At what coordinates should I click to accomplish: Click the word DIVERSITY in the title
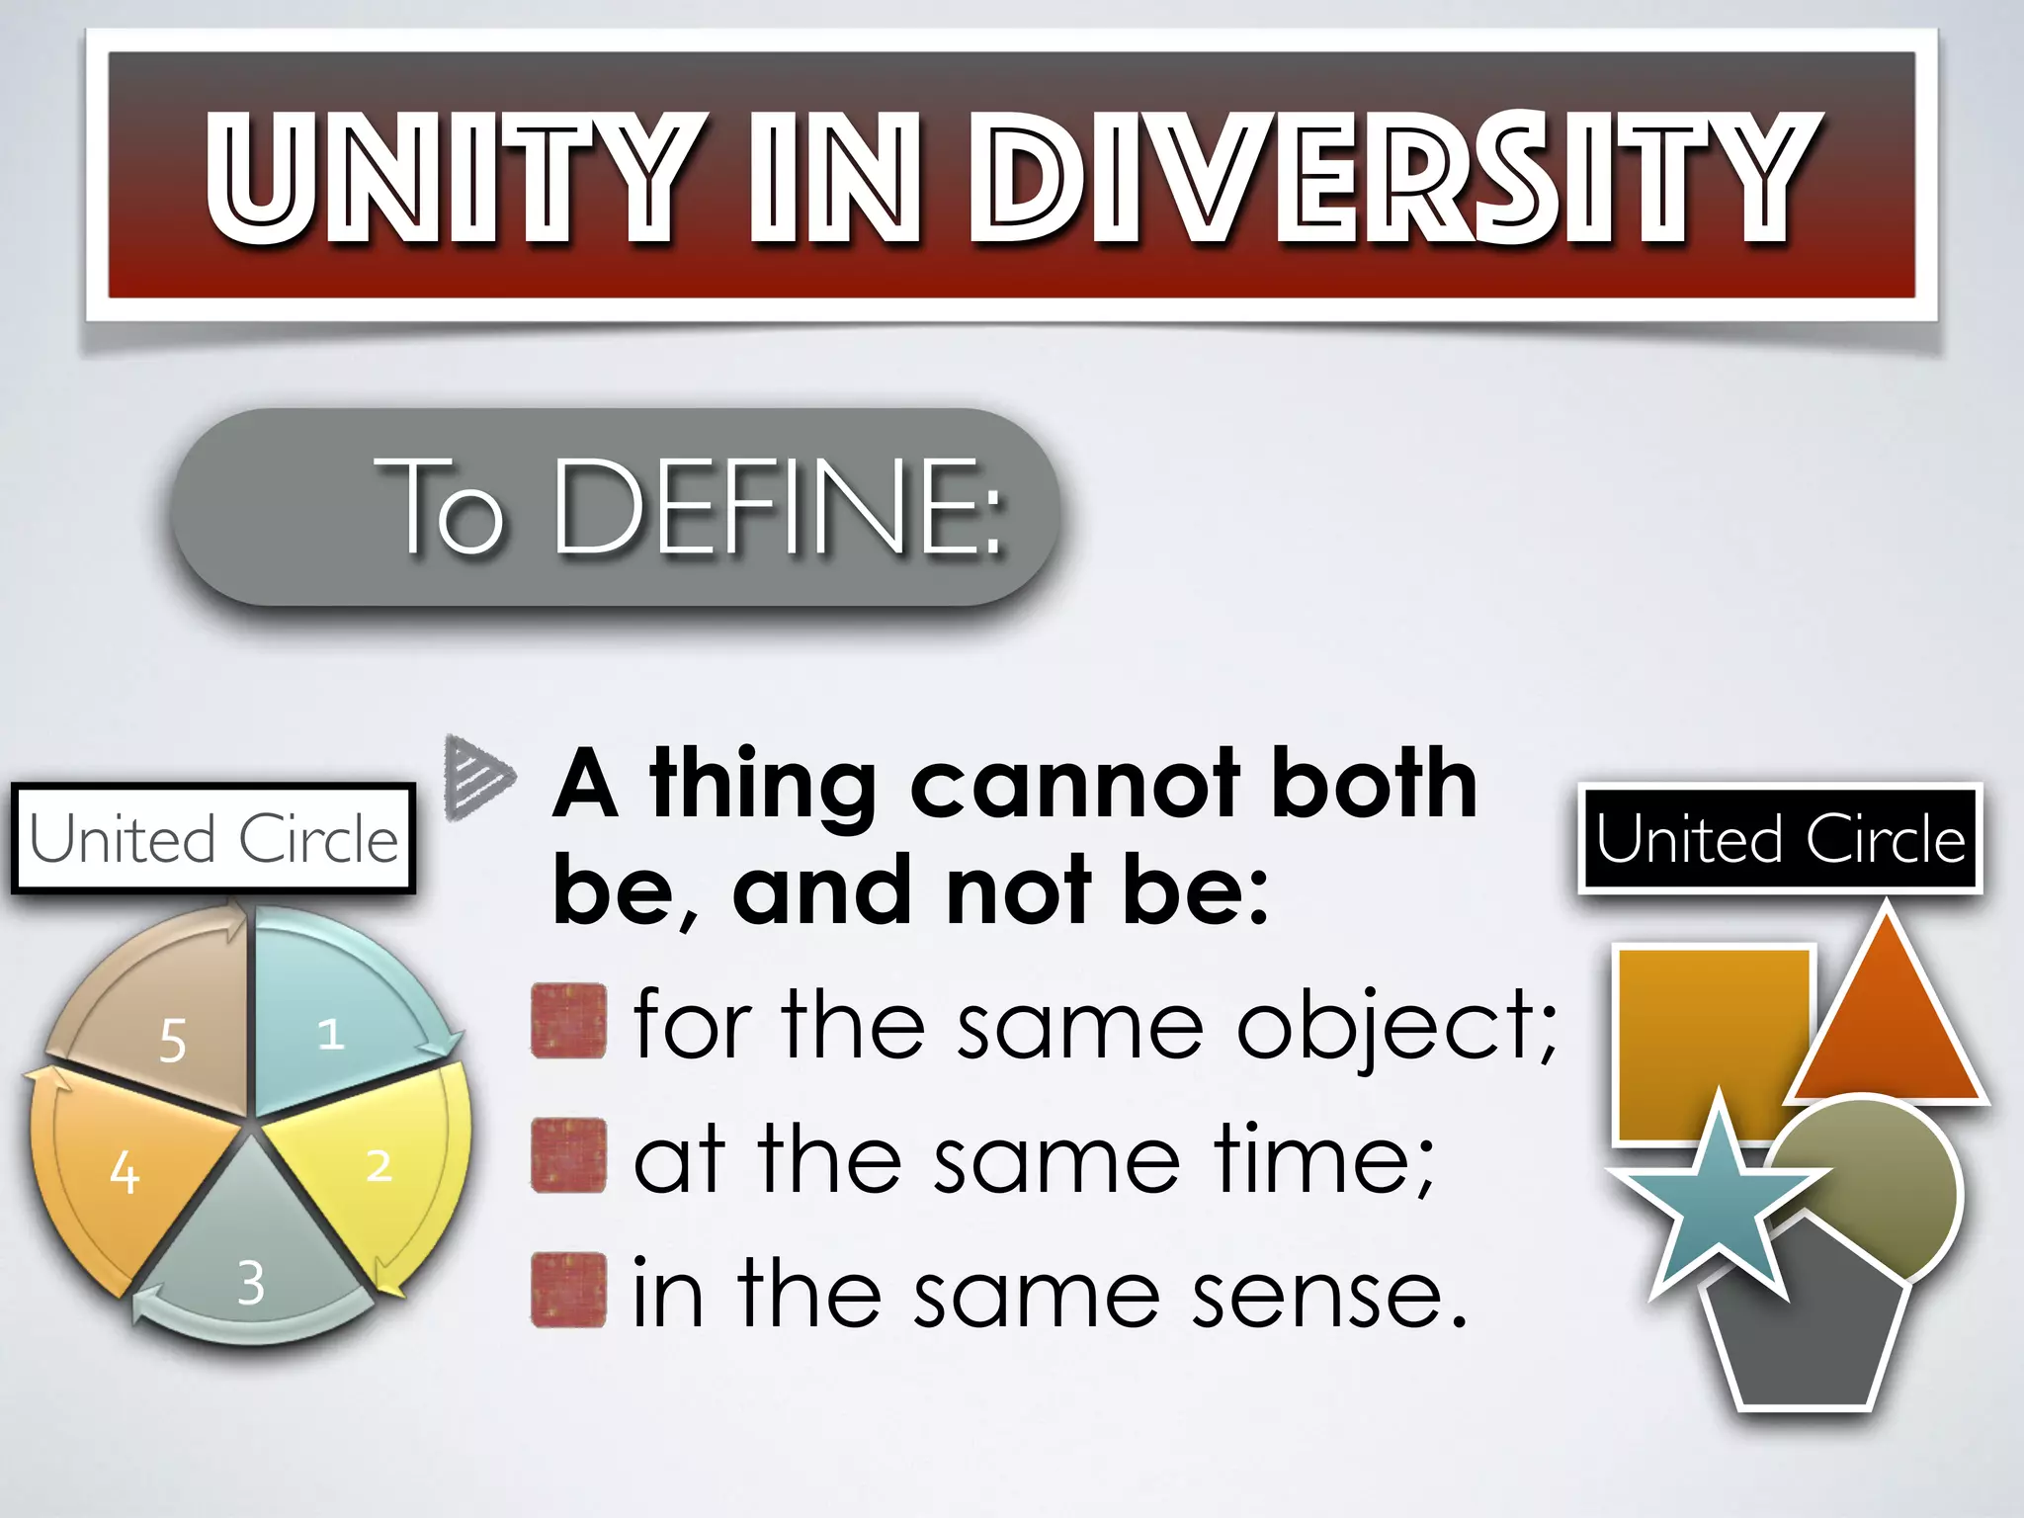point(1393,178)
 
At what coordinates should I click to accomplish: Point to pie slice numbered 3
point(252,1265)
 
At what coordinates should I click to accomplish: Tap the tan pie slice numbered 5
point(168,1018)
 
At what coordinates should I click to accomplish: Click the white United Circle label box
point(213,839)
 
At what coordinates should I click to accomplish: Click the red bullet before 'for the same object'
point(568,1021)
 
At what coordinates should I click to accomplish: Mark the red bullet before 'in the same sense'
point(568,1290)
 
